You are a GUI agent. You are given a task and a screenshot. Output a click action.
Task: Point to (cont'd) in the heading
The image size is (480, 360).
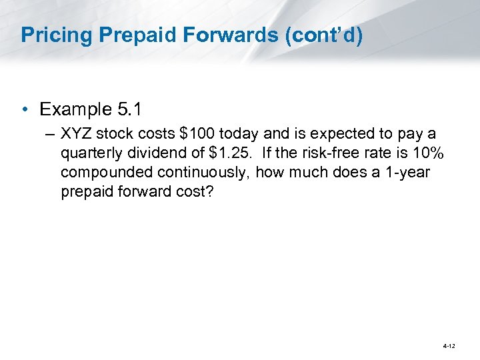coord(324,36)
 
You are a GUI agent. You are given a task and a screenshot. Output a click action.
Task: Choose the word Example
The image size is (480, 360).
coord(75,109)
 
